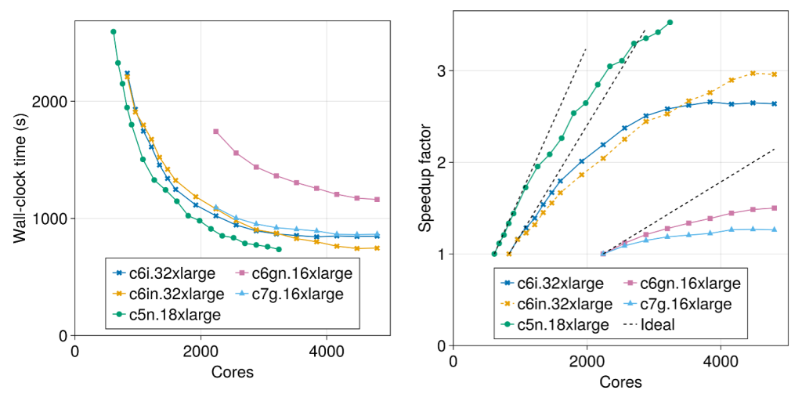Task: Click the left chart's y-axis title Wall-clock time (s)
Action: [20, 177]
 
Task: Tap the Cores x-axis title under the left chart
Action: [232, 372]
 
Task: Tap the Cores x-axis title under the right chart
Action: [620, 382]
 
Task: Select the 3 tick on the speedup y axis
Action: [441, 71]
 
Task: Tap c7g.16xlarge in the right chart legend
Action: [686, 303]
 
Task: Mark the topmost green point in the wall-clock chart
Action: [114, 32]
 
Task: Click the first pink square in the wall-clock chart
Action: [215, 132]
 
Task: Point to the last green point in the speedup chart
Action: [670, 23]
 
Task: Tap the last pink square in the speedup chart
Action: [774, 208]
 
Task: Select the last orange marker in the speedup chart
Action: [774, 74]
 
